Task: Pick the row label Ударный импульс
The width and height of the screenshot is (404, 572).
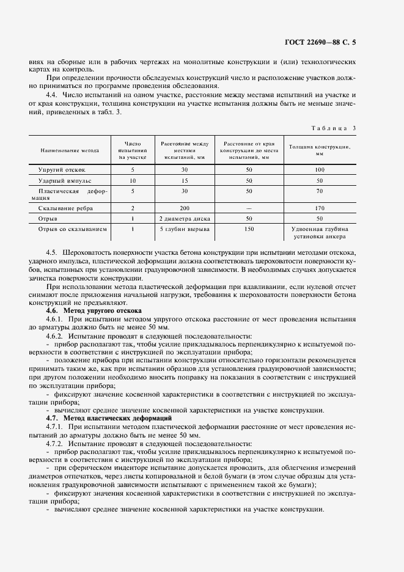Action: coord(70,181)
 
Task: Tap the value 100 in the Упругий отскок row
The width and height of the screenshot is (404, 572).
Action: coord(319,170)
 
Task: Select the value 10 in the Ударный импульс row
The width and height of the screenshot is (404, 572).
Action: coord(133,181)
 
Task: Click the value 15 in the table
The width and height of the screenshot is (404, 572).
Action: coord(183,181)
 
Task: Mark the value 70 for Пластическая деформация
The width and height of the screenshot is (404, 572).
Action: coord(319,191)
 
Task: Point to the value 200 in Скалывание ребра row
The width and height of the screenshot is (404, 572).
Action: coord(183,208)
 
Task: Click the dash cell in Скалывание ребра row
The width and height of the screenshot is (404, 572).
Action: coord(248,208)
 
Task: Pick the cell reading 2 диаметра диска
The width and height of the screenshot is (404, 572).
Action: coord(183,218)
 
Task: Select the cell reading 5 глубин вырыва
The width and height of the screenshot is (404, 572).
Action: coord(184,229)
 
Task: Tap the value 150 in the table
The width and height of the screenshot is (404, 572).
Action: coord(248,229)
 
